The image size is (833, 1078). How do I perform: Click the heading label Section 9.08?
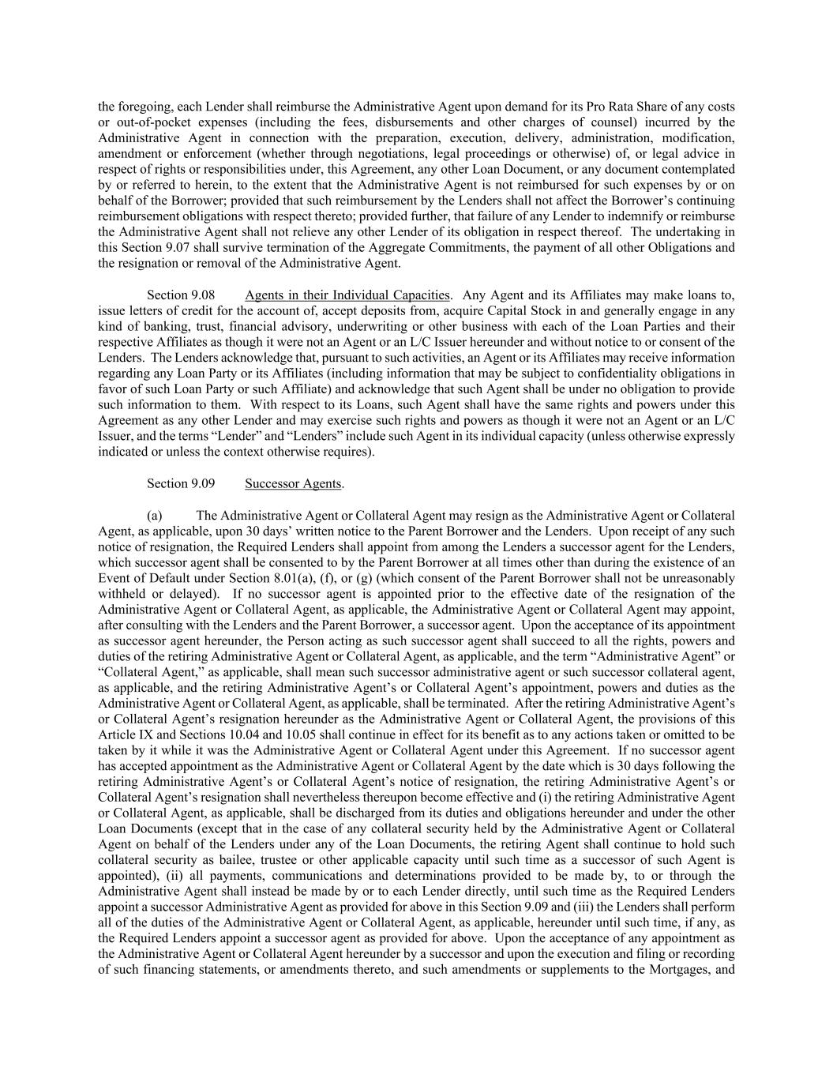pos(181,295)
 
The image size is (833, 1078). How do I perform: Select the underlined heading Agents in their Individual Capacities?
pos(347,295)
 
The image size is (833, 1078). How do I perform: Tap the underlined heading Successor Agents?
pos(293,483)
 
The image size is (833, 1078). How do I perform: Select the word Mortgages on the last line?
pos(681,969)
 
